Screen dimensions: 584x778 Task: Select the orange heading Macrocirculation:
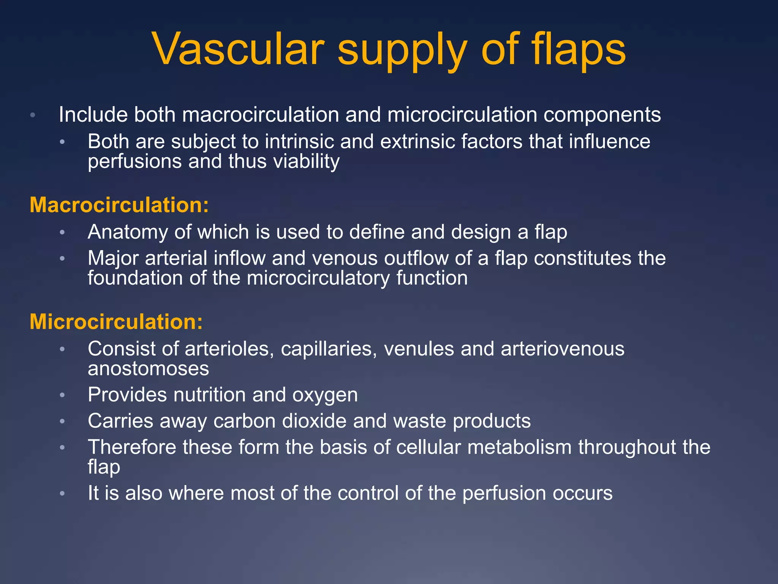[x=119, y=205]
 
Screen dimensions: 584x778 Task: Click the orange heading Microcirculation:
[x=116, y=322]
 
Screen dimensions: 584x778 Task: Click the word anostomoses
[x=148, y=368]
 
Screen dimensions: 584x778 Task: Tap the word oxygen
[x=325, y=395]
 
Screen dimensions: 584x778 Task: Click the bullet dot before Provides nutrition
[x=63, y=395]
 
